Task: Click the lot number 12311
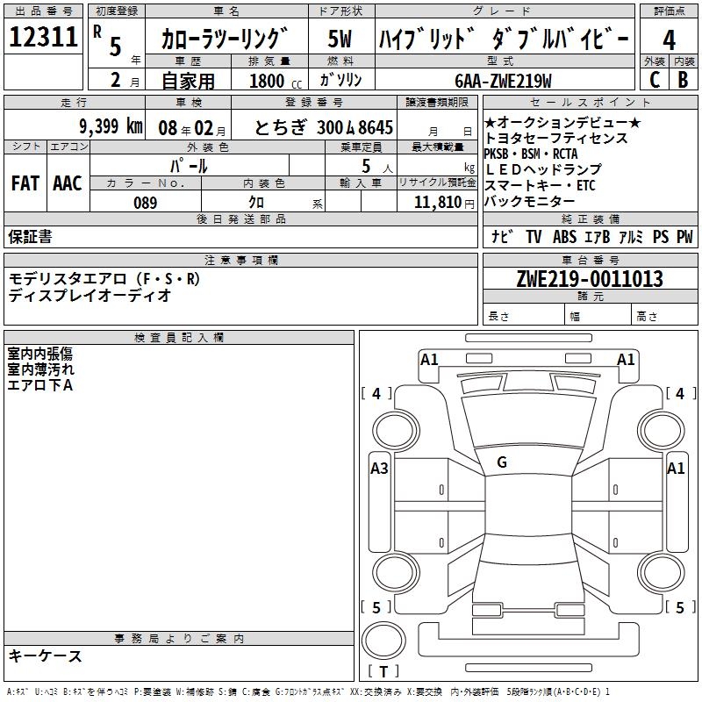pos(44,38)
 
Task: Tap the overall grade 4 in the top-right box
pos(669,40)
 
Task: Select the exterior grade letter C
pos(653,80)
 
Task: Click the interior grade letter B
pos(683,80)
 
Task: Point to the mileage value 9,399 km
pos(110,125)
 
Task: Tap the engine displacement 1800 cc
pos(270,81)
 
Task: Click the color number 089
pos(145,203)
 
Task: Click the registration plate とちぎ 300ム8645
pos(323,126)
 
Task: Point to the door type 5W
pos(340,40)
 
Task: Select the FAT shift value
pos(25,183)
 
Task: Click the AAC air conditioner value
pos(67,183)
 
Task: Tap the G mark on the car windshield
pos(502,462)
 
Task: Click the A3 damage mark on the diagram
pos(379,469)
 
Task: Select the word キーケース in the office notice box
pos(46,655)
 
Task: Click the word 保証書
pos(30,237)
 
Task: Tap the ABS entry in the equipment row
pos(564,237)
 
